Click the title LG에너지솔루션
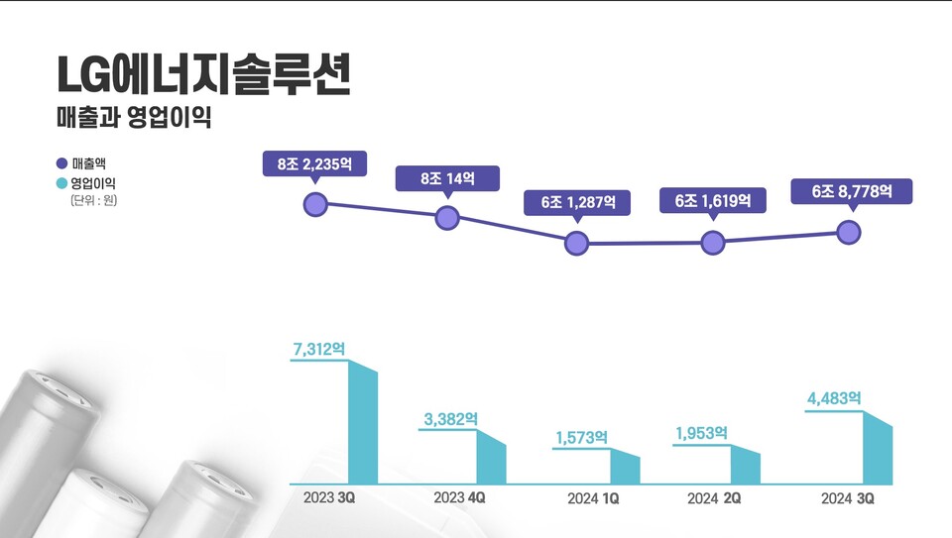click(203, 75)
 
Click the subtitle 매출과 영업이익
click(134, 118)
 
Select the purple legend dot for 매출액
click(61, 163)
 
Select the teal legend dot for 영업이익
click(61, 183)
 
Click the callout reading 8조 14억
click(447, 178)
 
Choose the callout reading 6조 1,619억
click(713, 200)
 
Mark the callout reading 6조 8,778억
click(852, 191)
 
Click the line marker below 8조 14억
click(447, 218)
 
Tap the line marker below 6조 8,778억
click(849, 232)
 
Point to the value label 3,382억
click(450, 419)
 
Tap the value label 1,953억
click(701, 433)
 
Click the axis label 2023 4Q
click(459, 497)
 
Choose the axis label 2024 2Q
click(714, 497)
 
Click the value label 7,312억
click(319, 349)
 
